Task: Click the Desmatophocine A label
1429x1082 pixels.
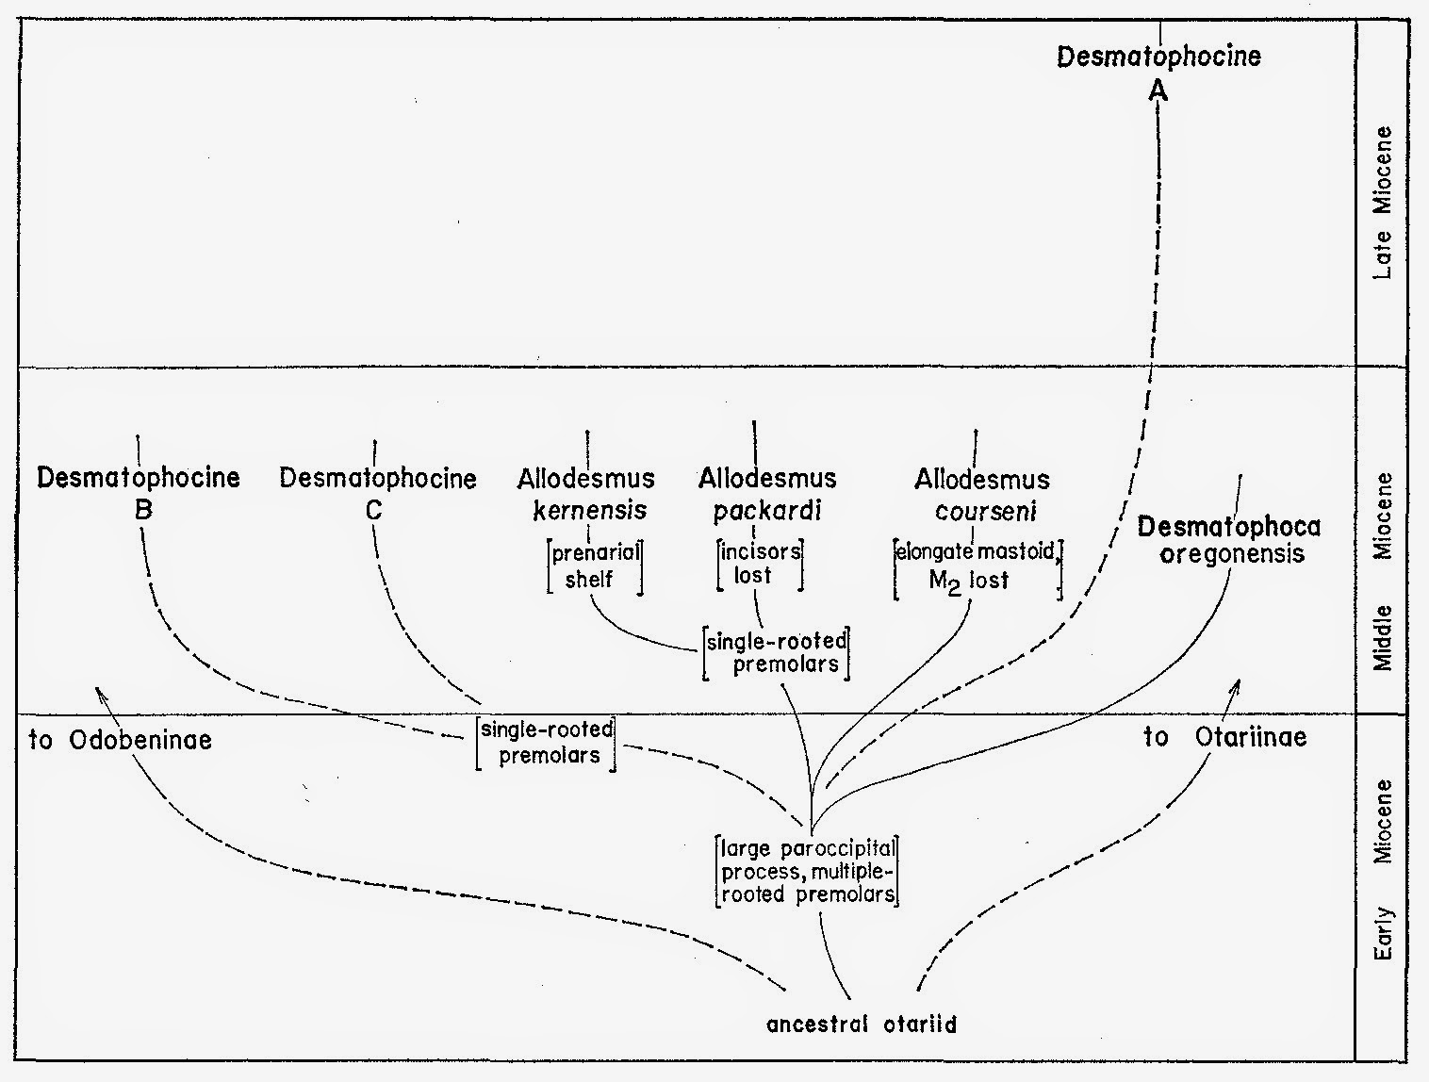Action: point(1158,71)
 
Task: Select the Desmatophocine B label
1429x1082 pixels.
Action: point(139,493)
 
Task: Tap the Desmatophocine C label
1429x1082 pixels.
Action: point(377,493)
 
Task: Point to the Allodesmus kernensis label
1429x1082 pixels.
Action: point(586,495)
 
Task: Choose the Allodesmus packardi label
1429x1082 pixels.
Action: point(767,495)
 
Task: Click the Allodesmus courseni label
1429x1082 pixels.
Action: point(982,495)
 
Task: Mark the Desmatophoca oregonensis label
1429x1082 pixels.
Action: point(1229,539)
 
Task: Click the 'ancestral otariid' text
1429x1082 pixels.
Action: point(862,1025)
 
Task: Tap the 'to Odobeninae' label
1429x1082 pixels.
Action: point(121,741)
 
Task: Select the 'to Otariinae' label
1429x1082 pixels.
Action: point(1225,737)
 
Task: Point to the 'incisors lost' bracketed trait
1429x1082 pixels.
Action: point(760,563)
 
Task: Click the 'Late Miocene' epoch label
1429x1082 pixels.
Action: point(1383,202)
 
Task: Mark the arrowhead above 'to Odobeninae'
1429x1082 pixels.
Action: point(99,693)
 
